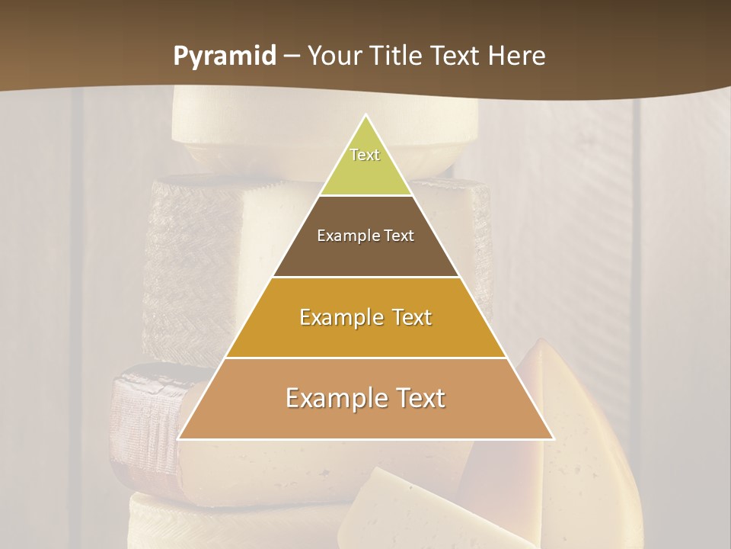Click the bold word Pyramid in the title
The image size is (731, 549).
tap(224, 56)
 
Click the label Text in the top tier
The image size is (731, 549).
tap(365, 155)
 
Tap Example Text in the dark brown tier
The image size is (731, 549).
tap(365, 236)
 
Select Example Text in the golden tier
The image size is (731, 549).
tap(365, 317)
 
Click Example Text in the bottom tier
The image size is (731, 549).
tap(365, 398)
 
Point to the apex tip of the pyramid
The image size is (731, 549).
tap(366, 116)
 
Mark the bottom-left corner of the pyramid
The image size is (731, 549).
tap(180, 438)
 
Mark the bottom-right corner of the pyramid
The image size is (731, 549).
tap(553, 438)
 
